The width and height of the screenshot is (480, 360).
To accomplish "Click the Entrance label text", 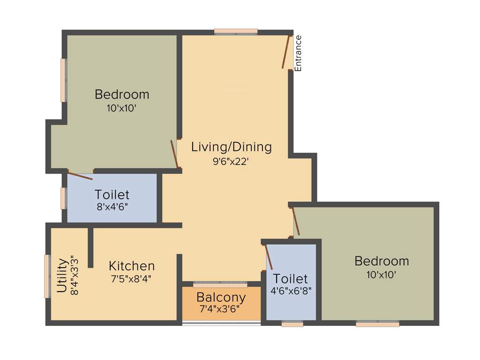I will tap(298, 53).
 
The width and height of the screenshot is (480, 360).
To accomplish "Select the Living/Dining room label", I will tap(231, 147).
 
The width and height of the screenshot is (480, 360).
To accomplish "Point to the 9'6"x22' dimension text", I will tap(231, 161).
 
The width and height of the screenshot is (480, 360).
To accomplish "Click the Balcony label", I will tap(221, 297).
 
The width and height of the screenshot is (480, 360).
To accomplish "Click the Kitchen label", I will tap(132, 266).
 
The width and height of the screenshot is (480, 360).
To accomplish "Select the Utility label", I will tap(61, 275).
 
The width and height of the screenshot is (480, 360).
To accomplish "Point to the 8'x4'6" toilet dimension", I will tap(112, 206).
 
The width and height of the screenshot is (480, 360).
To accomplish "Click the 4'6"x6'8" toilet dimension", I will tap(291, 290).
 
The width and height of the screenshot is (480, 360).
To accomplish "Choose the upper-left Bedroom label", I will tap(122, 94).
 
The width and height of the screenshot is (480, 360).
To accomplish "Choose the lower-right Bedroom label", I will tap(382, 261).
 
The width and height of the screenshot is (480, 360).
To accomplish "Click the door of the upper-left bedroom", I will tap(174, 153).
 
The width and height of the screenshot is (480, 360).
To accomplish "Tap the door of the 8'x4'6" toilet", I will tap(80, 176).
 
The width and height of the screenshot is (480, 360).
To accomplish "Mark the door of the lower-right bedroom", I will tap(296, 221).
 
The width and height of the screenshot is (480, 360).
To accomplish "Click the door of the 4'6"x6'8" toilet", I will tap(269, 256).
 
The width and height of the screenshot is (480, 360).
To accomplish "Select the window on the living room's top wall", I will tap(236, 32).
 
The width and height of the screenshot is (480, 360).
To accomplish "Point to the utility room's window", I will tap(47, 276).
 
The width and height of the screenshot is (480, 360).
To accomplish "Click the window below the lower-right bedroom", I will tap(377, 323).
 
